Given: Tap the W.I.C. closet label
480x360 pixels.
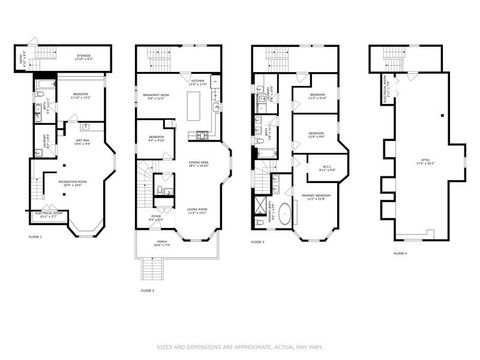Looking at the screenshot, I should [x=327, y=168].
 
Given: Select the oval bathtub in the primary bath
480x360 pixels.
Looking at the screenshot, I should [x=285, y=213].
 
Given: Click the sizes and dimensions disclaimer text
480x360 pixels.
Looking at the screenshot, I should [x=240, y=347].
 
